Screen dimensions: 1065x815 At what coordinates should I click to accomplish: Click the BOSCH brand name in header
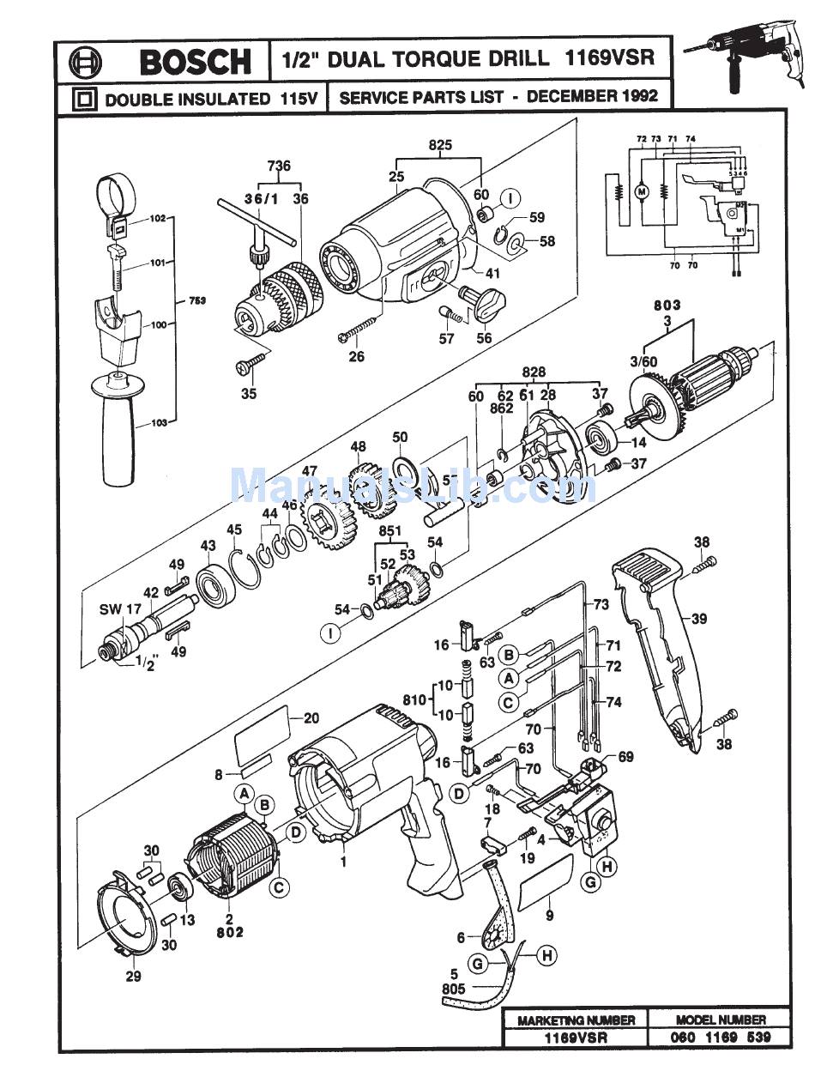pos(196,62)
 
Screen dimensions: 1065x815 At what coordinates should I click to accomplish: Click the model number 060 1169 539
pos(722,1037)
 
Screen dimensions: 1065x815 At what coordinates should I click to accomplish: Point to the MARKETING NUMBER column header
pos(576,1020)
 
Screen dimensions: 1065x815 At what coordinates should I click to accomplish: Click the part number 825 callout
pos(439,146)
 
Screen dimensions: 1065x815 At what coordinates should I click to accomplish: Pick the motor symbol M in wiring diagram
pos(640,192)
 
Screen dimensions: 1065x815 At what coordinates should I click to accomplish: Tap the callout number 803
pos(667,305)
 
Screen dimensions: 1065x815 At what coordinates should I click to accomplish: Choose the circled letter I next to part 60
pos(509,199)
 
